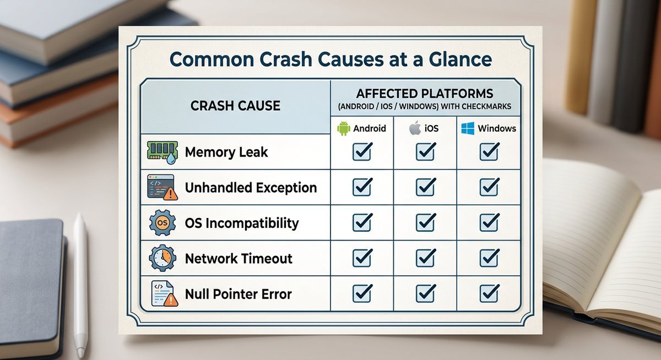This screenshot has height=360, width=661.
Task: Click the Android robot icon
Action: tap(343, 129)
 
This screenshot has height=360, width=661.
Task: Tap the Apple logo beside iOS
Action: tap(414, 129)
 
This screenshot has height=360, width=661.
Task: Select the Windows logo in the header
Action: tap(468, 129)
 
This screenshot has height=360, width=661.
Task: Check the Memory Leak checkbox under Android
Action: tap(362, 152)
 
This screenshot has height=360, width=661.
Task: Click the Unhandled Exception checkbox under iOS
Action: tap(426, 187)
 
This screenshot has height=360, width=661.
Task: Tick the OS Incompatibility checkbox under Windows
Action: tap(490, 222)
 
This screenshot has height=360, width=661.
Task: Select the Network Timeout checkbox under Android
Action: tap(362, 258)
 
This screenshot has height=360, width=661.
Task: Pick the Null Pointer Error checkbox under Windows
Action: tap(490, 293)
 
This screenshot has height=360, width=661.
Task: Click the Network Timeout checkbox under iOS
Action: tap(426, 258)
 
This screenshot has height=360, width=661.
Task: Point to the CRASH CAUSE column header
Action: tap(235, 106)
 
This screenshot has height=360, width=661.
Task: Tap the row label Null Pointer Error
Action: tap(238, 294)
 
